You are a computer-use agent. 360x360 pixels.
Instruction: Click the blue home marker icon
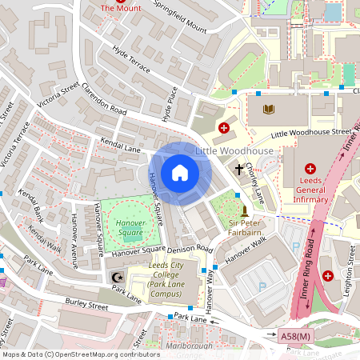180,172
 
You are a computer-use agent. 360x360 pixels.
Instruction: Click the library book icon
268,108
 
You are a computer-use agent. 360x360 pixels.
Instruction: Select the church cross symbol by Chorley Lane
238,170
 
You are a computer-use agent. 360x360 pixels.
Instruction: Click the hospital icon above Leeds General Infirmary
310,169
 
